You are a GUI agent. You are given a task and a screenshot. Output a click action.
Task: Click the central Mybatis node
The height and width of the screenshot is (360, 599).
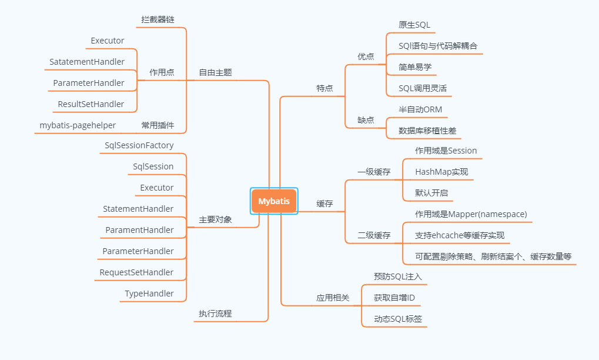(x=274, y=201)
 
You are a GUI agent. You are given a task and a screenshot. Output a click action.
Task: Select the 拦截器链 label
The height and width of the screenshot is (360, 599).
(x=158, y=19)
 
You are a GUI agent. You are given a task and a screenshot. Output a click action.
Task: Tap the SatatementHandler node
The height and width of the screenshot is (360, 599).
(x=87, y=62)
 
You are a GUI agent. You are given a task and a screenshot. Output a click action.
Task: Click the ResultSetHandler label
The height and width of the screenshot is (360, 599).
(x=91, y=104)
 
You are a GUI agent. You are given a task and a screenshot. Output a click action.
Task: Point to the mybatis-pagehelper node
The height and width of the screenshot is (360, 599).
(x=78, y=125)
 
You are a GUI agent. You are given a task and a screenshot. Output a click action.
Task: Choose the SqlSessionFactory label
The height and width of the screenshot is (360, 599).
(x=139, y=145)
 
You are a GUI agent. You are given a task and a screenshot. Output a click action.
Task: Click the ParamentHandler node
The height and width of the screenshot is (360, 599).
(x=139, y=230)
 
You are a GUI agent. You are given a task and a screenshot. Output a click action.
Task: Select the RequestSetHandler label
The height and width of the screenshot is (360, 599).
(x=136, y=272)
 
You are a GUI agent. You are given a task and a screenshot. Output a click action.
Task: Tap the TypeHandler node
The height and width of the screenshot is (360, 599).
(x=149, y=294)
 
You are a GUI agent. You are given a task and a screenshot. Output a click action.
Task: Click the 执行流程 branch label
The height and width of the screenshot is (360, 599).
(x=215, y=314)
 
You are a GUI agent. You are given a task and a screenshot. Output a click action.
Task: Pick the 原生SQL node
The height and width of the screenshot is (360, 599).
(x=414, y=25)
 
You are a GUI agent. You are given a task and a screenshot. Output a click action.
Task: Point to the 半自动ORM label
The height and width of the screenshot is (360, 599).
(x=420, y=109)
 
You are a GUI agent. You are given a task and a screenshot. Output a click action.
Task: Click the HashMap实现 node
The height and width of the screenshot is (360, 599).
(x=441, y=172)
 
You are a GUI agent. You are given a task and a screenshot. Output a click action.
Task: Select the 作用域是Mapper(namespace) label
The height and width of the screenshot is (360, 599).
(x=471, y=214)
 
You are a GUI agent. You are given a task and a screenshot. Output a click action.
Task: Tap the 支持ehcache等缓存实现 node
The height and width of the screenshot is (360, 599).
(x=460, y=235)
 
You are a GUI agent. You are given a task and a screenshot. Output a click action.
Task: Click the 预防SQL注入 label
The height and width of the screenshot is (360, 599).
(x=398, y=276)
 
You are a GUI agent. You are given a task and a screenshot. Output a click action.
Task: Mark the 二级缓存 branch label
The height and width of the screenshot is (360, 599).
(x=374, y=235)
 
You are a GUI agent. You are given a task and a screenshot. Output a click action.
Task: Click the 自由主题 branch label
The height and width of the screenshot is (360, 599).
(x=215, y=72)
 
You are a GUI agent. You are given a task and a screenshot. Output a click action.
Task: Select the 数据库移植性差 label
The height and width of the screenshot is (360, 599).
(x=427, y=131)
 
